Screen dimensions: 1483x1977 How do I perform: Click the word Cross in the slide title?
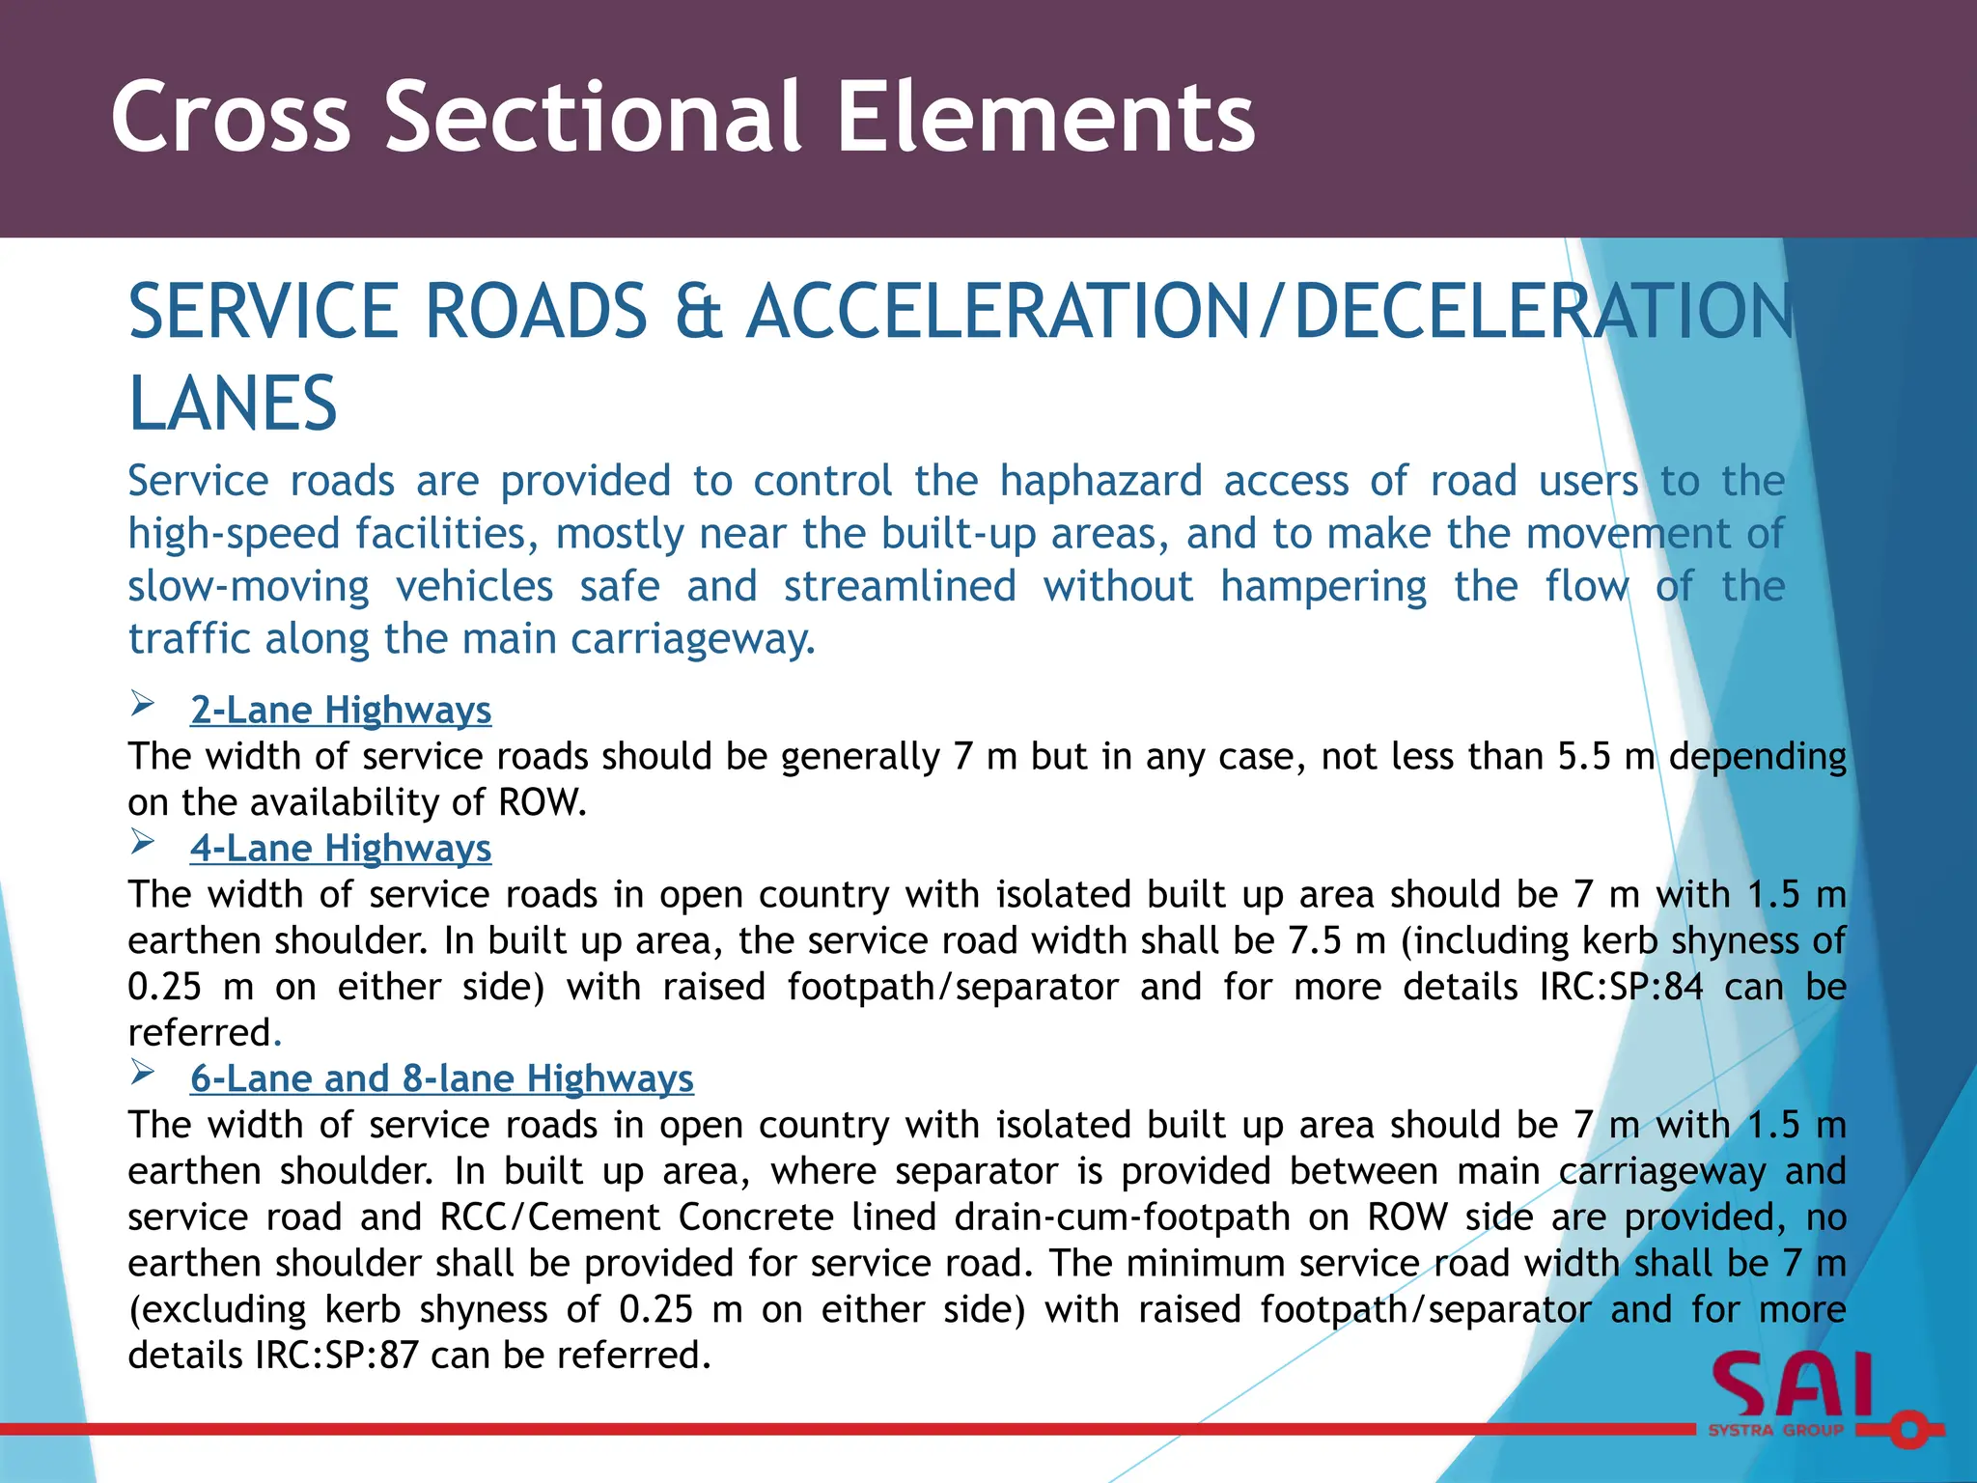[231, 117]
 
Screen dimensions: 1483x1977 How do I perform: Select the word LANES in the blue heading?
[233, 404]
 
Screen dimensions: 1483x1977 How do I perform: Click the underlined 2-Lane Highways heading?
[341, 710]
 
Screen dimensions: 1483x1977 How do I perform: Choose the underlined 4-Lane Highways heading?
[341, 848]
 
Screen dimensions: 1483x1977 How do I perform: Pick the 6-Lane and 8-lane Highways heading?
[441, 1077]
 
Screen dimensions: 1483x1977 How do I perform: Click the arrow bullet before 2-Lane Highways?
[143, 705]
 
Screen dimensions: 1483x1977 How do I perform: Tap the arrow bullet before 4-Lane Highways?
[143, 843]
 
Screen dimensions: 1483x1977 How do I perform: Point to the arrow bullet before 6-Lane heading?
[143, 1073]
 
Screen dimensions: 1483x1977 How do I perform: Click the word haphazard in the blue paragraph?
[1100, 481]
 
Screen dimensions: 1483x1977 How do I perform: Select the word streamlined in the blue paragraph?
[900, 586]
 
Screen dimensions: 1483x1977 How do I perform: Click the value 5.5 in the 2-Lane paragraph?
[1584, 756]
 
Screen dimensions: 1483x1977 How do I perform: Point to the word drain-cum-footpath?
[1122, 1217]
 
